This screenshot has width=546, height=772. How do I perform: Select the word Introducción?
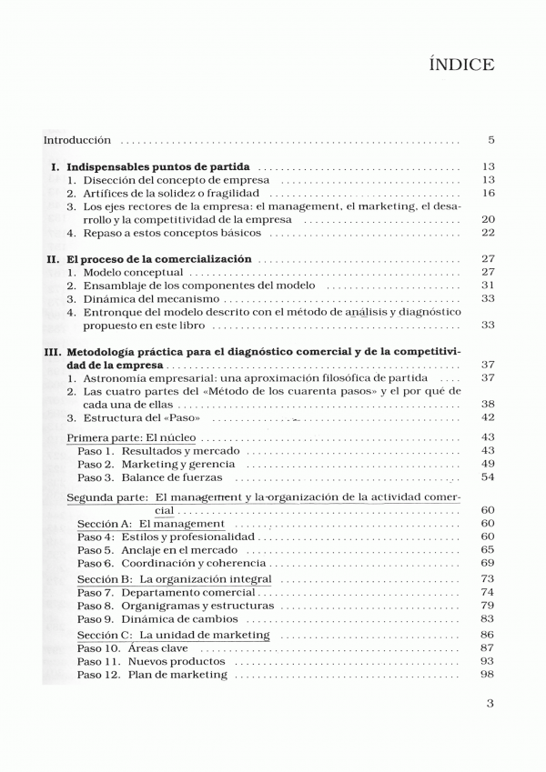pyautogui.click(x=77, y=141)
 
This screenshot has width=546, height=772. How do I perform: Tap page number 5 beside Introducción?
pyautogui.click(x=490, y=141)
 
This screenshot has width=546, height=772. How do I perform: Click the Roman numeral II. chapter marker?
pyautogui.click(x=54, y=259)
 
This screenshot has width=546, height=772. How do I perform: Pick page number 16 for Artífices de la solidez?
pyautogui.click(x=488, y=193)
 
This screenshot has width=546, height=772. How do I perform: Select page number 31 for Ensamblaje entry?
pyautogui.click(x=488, y=286)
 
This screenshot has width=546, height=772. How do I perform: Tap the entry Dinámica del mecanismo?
pyautogui.click(x=151, y=298)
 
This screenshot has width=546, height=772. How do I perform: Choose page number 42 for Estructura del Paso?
pyautogui.click(x=488, y=417)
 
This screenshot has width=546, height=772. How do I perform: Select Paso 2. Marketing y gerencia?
pyautogui.click(x=143, y=464)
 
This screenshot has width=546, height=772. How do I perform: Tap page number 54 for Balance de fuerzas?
pyautogui.click(x=488, y=477)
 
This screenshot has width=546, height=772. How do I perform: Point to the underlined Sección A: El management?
pyautogui.click(x=151, y=525)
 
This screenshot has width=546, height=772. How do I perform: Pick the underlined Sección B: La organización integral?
pyautogui.click(x=174, y=579)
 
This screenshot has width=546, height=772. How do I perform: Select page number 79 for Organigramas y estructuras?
pyautogui.click(x=488, y=606)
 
